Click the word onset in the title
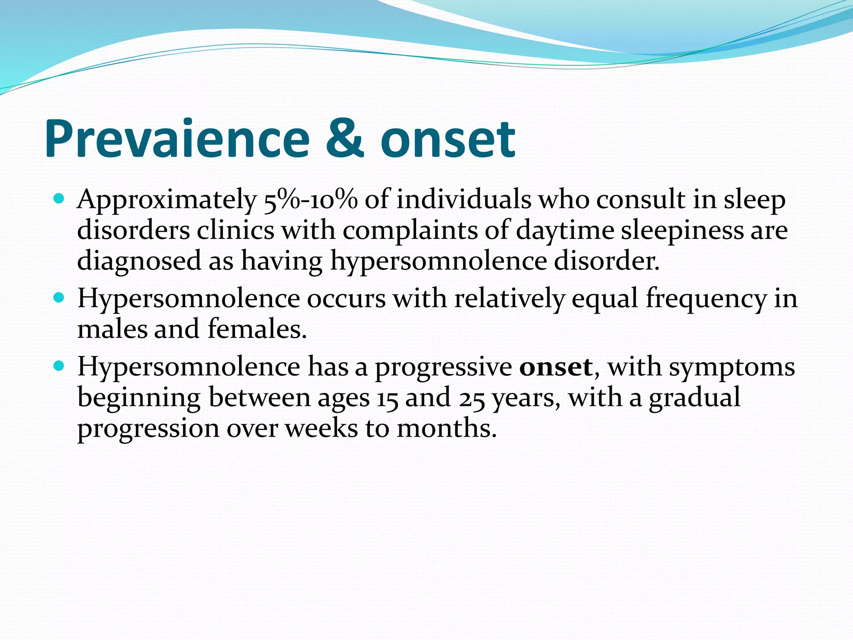(448, 140)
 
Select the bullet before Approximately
(59, 199)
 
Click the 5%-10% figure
(311, 200)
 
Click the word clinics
(235, 230)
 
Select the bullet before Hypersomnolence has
(59, 366)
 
